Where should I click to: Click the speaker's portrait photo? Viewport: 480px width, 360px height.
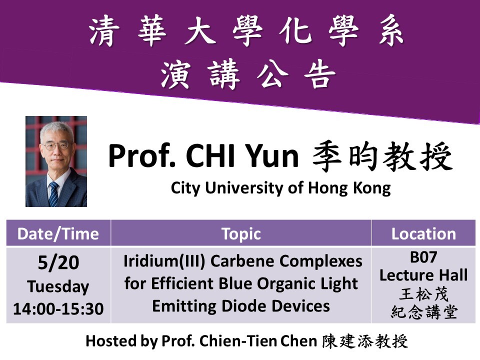tap(56, 161)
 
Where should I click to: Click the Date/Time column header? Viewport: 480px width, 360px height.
tap(58, 234)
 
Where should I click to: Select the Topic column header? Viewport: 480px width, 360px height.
tap(241, 234)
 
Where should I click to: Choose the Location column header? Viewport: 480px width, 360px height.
tap(423, 234)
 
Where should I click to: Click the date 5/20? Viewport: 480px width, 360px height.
tap(58, 262)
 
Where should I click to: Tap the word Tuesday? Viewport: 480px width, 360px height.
tap(58, 287)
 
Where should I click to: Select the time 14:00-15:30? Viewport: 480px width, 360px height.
tap(58, 308)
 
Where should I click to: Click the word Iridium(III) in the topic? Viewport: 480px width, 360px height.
tap(164, 261)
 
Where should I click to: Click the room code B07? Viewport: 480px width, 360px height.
tap(423, 257)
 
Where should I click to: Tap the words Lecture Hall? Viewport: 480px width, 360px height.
tap(423, 275)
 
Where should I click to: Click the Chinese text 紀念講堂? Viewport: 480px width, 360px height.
tap(424, 312)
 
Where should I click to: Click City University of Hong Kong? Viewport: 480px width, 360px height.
tap(280, 188)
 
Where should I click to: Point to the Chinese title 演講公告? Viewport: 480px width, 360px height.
tap(248, 74)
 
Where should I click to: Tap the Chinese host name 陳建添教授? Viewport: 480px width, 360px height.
tap(365, 341)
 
